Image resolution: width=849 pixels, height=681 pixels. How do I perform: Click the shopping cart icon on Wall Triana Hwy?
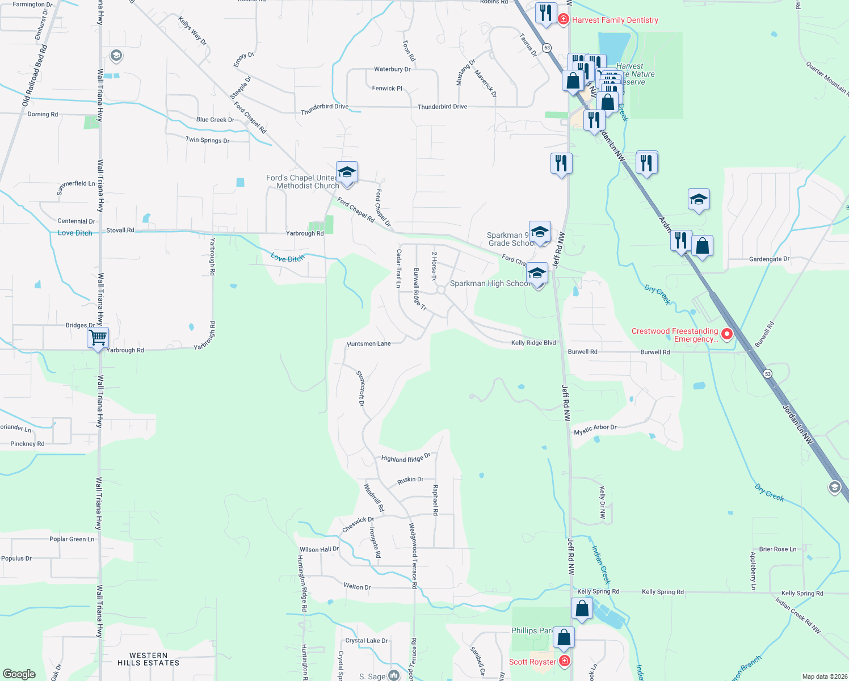click(98, 338)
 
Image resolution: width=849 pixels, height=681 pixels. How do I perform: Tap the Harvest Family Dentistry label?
click(615, 20)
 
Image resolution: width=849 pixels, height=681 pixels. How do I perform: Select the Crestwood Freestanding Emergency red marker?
click(726, 334)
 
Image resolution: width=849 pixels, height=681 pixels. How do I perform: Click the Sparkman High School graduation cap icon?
click(537, 274)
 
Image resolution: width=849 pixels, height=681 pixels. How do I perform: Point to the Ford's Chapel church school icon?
click(346, 171)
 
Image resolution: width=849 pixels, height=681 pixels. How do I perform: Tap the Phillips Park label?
click(532, 630)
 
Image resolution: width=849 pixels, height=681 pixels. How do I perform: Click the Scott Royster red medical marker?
click(564, 661)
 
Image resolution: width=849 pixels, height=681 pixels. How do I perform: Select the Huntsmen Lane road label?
click(369, 344)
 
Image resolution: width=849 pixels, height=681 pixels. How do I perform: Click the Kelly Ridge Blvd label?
click(533, 343)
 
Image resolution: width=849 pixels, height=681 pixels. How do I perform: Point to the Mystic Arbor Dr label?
click(595, 430)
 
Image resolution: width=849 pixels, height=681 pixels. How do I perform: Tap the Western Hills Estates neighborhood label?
click(148, 659)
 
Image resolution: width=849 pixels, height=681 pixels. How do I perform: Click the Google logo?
click(19, 674)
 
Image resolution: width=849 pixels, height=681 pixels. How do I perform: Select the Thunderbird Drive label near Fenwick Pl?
click(442, 107)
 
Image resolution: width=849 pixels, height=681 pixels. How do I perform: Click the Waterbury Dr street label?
click(392, 69)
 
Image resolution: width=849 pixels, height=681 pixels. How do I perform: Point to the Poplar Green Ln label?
click(72, 539)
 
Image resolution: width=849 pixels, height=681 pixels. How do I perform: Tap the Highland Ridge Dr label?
click(406, 458)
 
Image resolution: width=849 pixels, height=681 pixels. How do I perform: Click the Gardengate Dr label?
click(769, 259)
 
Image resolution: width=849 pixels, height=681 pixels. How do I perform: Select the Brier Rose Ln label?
click(777, 549)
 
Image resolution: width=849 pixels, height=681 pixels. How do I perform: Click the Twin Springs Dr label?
click(208, 140)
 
